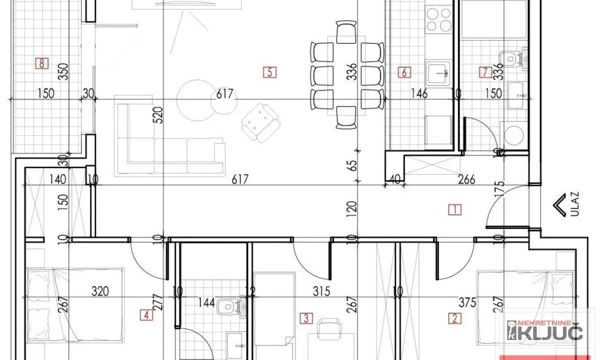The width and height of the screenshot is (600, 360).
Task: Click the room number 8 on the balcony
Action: pyautogui.click(x=42, y=63)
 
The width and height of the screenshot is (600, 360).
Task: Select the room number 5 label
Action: pyautogui.click(x=269, y=72)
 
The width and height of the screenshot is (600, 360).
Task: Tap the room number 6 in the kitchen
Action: pyautogui.click(x=404, y=72)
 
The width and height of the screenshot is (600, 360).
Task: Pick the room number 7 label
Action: pyautogui.click(x=483, y=72)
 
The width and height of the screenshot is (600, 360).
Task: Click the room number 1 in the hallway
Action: pyautogui.click(x=454, y=209)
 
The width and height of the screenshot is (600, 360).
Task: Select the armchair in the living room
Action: pyautogui.click(x=260, y=122)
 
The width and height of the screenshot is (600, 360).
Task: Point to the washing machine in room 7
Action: pyautogui.click(x=515, y=135)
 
